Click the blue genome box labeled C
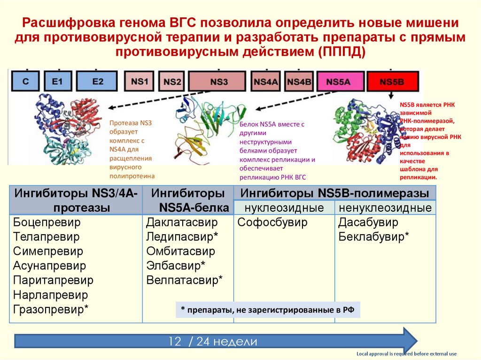click(x=26, y=81)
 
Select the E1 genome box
click(x=57, y=81)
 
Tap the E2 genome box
click(x=98, y=81)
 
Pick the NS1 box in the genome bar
click(x=139, y=81)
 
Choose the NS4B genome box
click(x=299, y=81)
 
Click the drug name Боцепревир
click(x=47, y=222)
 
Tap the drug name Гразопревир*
click(x=51, y=309)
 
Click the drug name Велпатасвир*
click(x=184, y=280)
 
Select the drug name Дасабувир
click(x=368, y=222)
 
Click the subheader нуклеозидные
click(x=284, y=207)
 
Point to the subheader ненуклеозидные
click(x=385, y=207)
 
